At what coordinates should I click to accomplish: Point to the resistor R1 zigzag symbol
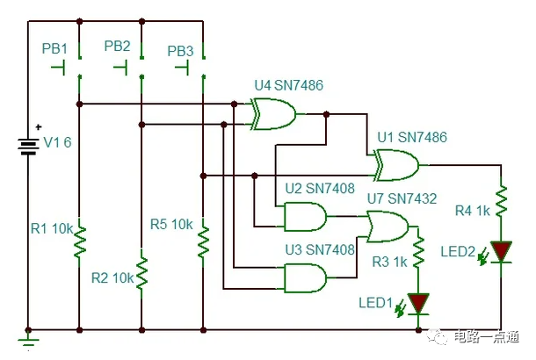pos(79,241)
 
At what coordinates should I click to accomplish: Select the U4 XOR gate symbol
pos(272,114)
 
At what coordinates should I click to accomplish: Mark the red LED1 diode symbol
pos(419,303)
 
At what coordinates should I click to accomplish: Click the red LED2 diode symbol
pos(501,252)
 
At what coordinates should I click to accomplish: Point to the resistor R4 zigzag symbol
pos(501,202)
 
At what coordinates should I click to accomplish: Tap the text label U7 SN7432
pos(401,199)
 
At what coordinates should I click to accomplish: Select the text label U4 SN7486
pos(289,85)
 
